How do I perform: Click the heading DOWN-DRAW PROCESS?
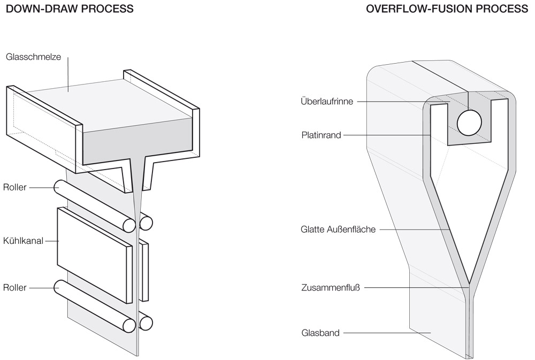[70, 9]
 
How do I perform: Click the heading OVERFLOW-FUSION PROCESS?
[447, 9]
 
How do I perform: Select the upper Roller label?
[14, 187]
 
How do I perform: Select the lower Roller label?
[14, 287]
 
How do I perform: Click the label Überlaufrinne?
[327, 101]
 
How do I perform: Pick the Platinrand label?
[321, 135]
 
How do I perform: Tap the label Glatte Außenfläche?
[338, 230]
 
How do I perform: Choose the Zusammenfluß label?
[330, 288]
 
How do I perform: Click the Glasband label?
[320, 333]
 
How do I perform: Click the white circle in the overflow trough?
[469, 122]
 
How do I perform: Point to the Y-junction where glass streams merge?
[469, 284]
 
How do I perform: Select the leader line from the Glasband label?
[385, 333]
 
